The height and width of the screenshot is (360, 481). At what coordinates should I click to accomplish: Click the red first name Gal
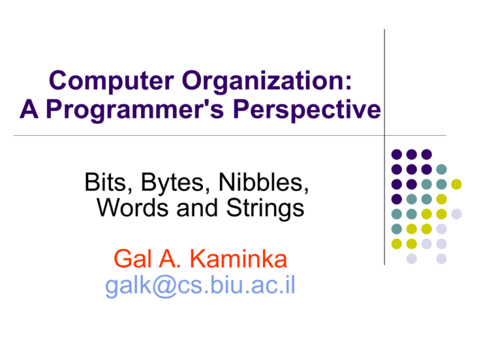tap(129, 258)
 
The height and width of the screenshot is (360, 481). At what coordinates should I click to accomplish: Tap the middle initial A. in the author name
tap(165, 258)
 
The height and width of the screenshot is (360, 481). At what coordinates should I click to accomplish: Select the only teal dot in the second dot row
tap(442, 168)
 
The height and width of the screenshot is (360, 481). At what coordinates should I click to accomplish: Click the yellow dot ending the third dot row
tap(457, 183)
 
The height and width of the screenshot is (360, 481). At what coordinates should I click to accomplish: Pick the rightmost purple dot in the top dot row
tap(427, 153)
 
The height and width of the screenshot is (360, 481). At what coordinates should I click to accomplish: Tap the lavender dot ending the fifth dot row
tap(457, 213)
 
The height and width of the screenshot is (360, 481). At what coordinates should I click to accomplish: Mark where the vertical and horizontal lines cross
tap(384, 135)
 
